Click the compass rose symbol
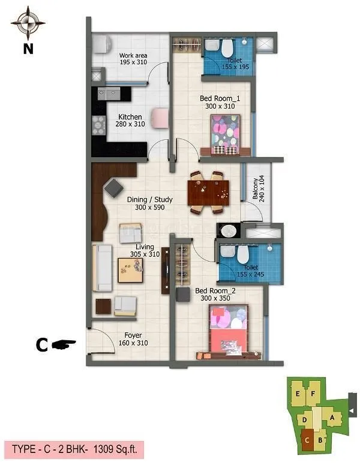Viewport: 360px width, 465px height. pyautogui.click(x=28, y=23)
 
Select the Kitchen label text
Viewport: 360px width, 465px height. pyautogui.click(x=130, y=121)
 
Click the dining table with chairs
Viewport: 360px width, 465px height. pyautogui.click(x=208, y=192)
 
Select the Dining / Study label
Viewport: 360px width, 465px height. pyautogui.click(x=150, y=203)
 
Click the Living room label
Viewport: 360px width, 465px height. pyautogui.click(x=144, y=250)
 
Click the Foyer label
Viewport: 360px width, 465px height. pyautogui.click(x=133, y=339)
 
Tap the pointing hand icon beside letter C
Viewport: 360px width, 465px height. pyautogui.click(x=64, y=344)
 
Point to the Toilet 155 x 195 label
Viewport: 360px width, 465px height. pyautogui.click(x=235, y=64)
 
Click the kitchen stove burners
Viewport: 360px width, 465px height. pyautogui.click(x=98, y=125)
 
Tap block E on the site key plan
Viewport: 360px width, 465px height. pyautogui.click(x=298, y=393)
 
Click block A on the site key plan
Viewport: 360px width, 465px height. pyautogui.click(x=332, y=417)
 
